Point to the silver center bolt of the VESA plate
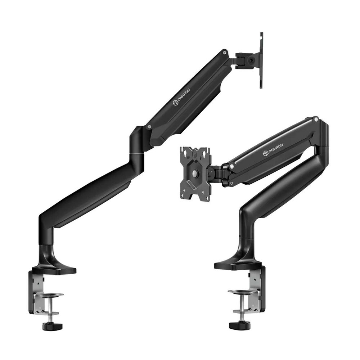click(x=195, y=173)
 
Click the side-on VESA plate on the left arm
click(x=261, y=59)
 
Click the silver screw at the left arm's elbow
click(x=148, y=126)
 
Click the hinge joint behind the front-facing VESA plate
click(x=217, y=172)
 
